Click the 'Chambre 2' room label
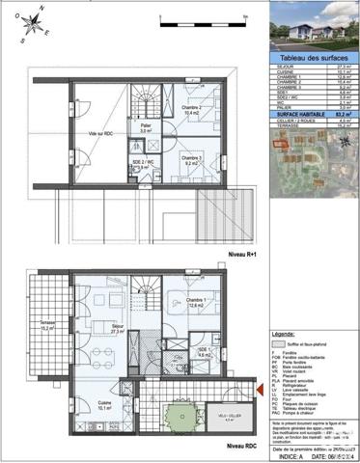[189, 109]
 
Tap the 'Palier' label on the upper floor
[146, 125]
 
